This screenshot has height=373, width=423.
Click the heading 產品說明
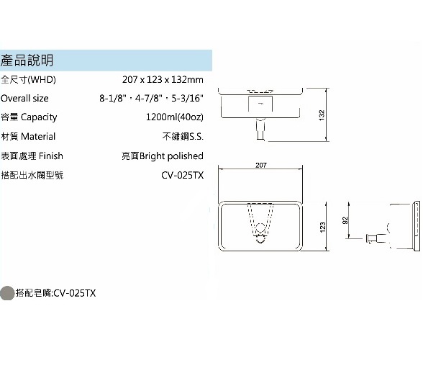(27, 60)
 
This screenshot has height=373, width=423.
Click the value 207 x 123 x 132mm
(163, 80)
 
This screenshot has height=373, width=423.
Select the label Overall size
(24, 98)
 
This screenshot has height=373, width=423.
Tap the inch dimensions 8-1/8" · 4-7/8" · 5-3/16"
(151, 98)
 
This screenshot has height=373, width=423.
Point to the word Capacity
(39, 117)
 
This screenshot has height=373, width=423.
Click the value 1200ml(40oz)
(175, 117)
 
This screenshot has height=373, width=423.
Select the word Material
(38, 136)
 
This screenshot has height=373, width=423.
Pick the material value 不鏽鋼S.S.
(183, 136)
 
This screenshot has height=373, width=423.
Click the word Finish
(51, 156)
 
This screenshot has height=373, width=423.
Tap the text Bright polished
(171, 156)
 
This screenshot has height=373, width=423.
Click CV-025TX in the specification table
(183, 175)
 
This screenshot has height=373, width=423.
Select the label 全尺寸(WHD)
(28, 80)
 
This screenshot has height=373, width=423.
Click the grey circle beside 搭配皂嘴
(7, 293)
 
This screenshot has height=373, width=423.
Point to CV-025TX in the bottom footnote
(75, 293)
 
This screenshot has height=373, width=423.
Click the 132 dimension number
(322, 115)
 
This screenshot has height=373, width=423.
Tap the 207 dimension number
(261, 165)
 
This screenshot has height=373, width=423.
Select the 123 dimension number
(322, 228)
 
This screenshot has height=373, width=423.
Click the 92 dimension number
(345, 220)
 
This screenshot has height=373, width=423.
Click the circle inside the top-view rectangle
(260, 228)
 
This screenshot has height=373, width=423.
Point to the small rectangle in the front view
(260, 104)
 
